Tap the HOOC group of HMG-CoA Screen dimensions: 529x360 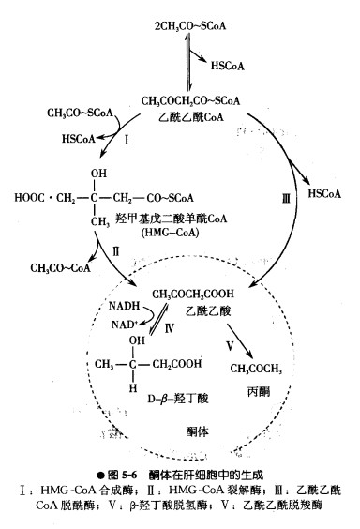[x=34, y=198]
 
